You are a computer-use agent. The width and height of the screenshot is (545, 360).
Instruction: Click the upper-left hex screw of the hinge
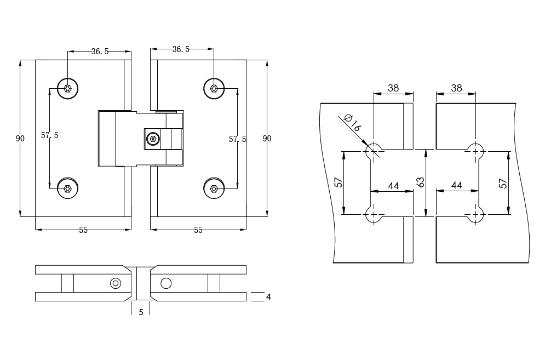[67, 88]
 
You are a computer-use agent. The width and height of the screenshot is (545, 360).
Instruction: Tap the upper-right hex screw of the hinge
[214, 88]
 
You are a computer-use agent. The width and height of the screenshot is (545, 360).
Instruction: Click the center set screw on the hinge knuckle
[152, 139]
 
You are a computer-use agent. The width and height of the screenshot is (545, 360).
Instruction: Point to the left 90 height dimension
[20, 139]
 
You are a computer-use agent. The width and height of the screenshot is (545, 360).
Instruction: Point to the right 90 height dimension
[267, 139]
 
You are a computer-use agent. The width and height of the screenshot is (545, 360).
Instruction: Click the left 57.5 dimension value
[50, 135]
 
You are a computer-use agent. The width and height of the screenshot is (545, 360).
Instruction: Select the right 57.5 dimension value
[237, 139]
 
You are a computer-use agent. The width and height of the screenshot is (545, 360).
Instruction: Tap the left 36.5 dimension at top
[100, 52]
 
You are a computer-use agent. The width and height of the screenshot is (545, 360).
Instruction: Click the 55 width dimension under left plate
[83, 230]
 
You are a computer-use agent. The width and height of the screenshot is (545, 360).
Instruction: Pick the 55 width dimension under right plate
[198, 230]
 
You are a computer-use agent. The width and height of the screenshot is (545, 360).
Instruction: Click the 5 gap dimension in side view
[141, 312]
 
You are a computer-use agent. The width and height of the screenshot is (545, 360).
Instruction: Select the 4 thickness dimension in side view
[268, 297]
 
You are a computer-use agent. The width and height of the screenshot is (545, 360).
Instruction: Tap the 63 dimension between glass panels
[421, 182]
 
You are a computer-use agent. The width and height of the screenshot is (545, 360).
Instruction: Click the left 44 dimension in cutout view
[393, 186]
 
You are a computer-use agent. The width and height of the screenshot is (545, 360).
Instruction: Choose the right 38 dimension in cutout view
[457, 88]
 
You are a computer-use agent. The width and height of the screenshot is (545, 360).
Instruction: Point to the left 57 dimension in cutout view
[339, 182]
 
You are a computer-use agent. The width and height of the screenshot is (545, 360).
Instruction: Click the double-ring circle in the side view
[115, 283]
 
